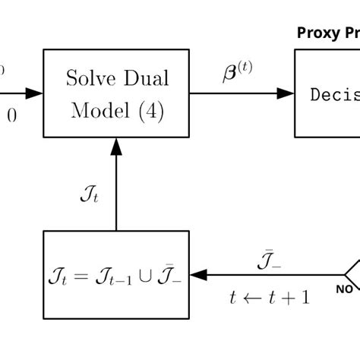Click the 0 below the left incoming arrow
tap(12, 115)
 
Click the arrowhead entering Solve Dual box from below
tap(116, 145)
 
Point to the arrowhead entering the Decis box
tap(286, 93)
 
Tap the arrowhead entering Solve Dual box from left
tap(35, 93)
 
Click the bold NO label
tap(345, 289)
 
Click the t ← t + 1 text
tap(270, 297)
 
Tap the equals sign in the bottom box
tap(84, 275)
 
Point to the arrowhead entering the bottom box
tap(198, 274)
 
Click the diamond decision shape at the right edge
tap(352, 272)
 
